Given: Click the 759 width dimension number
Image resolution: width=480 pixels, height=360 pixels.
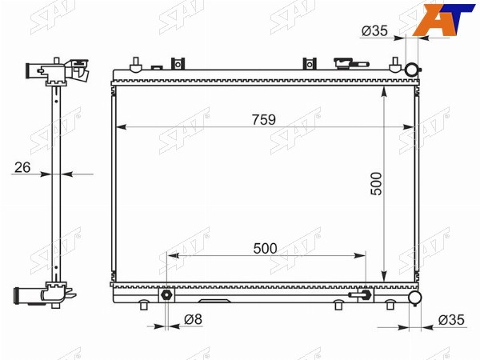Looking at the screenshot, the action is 264,120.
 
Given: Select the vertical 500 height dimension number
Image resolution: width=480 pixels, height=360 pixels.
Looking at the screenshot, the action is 376,183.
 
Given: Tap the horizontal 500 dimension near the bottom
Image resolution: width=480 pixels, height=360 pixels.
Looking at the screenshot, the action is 265,249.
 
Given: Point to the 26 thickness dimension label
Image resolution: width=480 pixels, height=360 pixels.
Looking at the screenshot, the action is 22,167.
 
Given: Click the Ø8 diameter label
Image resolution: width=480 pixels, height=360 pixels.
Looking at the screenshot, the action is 193,319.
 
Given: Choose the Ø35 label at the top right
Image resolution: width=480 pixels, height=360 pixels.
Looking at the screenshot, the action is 374,30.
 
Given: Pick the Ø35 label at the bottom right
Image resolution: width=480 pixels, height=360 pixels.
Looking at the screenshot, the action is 451,320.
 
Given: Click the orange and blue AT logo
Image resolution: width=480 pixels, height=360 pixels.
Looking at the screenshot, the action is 443,19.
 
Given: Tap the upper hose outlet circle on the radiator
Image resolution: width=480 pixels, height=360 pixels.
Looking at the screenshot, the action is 411,70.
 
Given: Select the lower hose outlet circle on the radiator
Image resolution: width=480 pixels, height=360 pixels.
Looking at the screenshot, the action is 415,298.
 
